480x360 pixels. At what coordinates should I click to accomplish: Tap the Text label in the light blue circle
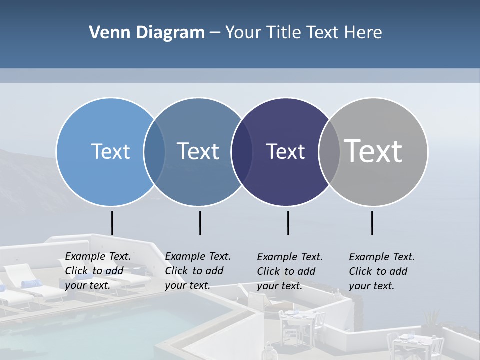pyautogui.click(x=110, y=151)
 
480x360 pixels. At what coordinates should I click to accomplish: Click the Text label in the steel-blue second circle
pyautogui.click(x=198, y=151)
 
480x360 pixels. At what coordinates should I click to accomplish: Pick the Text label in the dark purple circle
pyautogui.click(x=285, y=151)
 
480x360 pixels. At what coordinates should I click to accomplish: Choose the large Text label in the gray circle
pyautogui.click(x=373, y=151)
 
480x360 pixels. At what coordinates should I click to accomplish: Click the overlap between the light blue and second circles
pyautogui.click(x=154, y=151)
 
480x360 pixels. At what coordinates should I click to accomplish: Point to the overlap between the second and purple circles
pyautogui.click(x=242, y=151)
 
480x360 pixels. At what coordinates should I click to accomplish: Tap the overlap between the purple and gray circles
pyautogui.click(x=329, y=151)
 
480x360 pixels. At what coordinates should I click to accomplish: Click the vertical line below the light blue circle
pyautogui.click(x=112, y=223)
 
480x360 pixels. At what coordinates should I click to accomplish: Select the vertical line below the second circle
pyautogui.click(x=200, y=223)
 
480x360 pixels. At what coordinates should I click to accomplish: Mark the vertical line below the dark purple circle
pyautogui.click(x=288, y=223)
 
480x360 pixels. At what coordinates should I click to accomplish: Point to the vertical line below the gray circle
pyautogui.click(x=372, y=223)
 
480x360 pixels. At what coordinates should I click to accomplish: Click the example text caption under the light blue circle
pyautogui.click(x=98, y=270)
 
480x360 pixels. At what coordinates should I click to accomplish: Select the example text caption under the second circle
pyautogui.click(x=198, y=270)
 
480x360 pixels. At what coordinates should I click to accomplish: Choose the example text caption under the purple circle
pyautogui.click(x=290, y=271)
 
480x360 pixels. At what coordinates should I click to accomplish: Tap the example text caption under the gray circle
pyautogui.click(x=382, y=271)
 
